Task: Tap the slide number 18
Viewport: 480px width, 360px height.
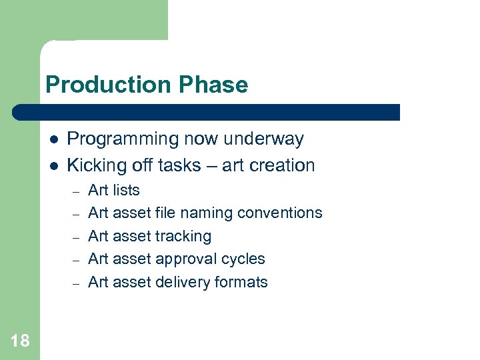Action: [20, 341]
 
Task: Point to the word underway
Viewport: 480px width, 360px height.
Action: [264, 139]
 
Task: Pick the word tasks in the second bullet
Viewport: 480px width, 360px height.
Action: [184, 165]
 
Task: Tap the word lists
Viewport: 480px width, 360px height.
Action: [127, 190]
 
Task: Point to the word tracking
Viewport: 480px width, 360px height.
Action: [183, 237]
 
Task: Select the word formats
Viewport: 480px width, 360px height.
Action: [241, 282]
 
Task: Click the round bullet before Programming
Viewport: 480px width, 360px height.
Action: [53, 140]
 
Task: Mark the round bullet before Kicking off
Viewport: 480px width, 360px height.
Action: [53, 166]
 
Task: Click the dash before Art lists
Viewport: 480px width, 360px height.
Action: [76, 191]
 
